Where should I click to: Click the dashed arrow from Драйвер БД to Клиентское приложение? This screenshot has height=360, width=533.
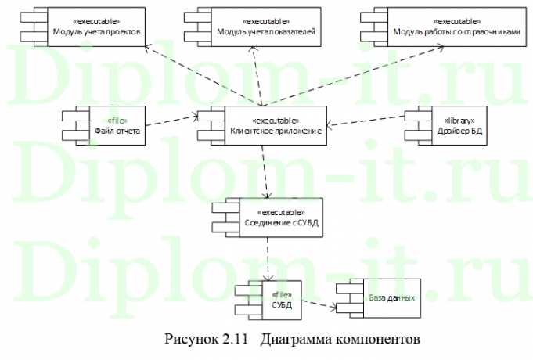point(366,121)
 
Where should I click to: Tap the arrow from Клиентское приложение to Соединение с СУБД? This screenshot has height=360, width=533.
point(266,172)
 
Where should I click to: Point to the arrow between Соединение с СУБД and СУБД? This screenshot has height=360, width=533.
point(269,257)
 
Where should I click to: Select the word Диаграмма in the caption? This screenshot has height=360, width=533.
point(297,340)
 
